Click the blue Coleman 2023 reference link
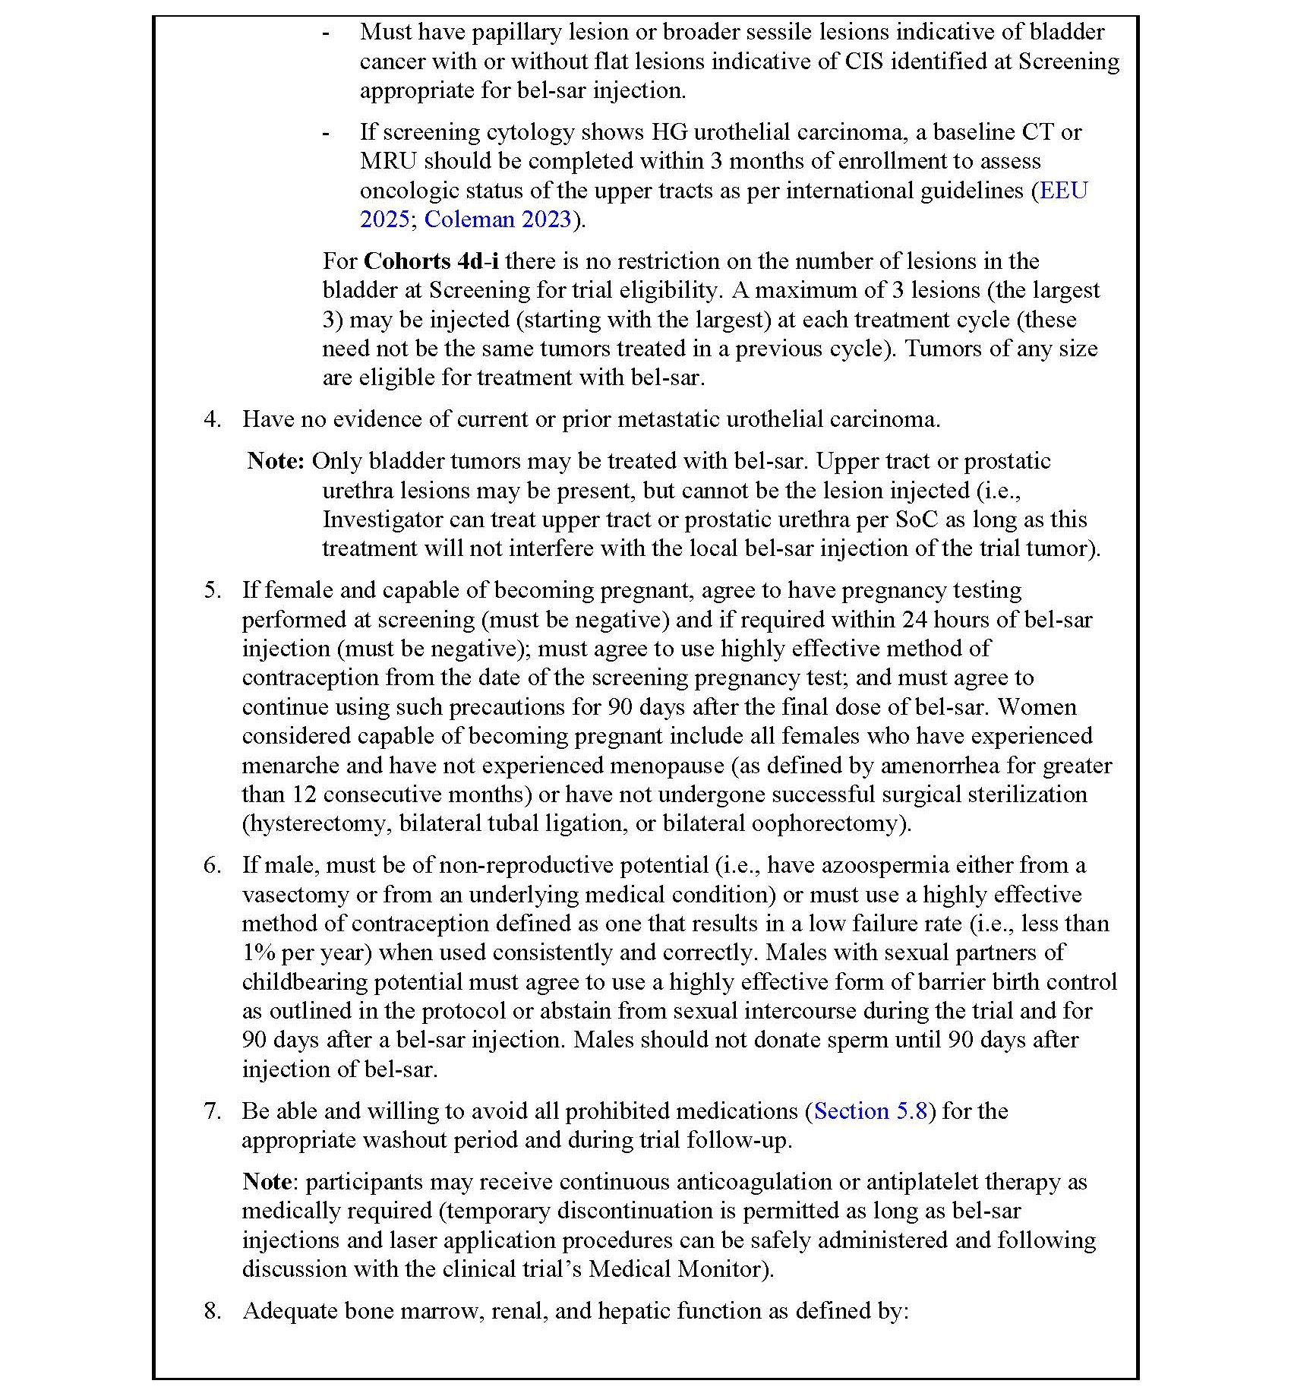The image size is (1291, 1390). point(497,220)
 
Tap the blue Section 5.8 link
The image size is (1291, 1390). point(870,1111)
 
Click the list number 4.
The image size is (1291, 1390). point(212,419)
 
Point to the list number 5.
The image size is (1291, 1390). point(212,590)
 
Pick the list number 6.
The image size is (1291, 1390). point(212,865)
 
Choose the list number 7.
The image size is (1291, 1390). point(212,1111)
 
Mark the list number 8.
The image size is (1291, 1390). point(212,1311)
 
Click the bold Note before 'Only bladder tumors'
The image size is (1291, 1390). point(276,461)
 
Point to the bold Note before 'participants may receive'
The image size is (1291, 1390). point(267,1182)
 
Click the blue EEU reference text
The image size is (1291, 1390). point(1063,191)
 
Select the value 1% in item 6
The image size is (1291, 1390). point(258,952)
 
